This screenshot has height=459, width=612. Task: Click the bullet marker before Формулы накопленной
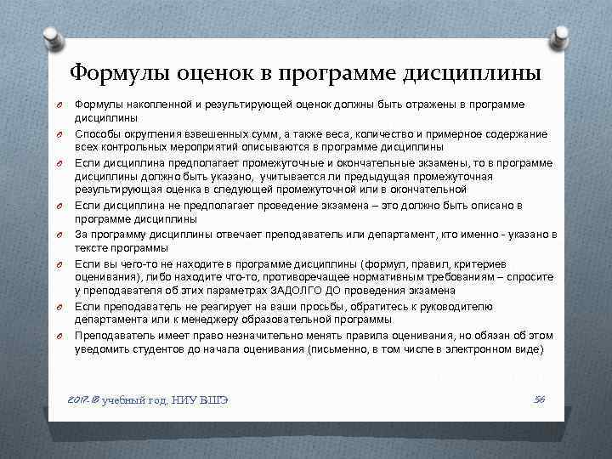pos(62,105)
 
